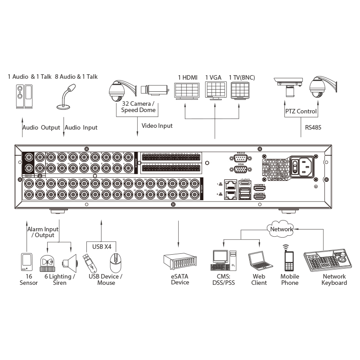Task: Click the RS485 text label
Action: [x=313, y=127]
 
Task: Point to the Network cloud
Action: [x=281, y=229]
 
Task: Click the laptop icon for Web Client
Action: [x=258, y=261]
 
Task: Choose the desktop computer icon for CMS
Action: [x=223, y=260]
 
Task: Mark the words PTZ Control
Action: [x=301, y=111]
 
